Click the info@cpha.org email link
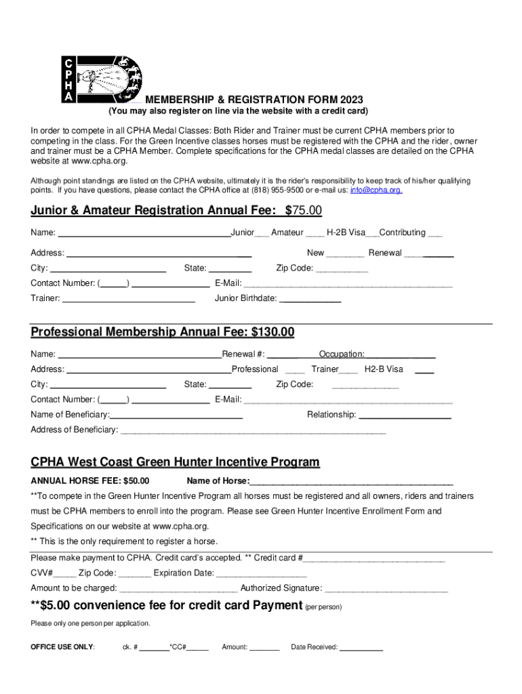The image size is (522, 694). click(x=376, y=190)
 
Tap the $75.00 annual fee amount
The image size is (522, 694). click(x=303, y=211)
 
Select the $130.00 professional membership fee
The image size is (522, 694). click(x=273, y=332)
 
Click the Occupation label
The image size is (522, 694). click(x=342, y=354)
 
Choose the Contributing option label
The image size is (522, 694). click(x=403, y=232)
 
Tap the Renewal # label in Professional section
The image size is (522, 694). click(x=243, y=354)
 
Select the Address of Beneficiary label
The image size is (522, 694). click(x=74, y=430)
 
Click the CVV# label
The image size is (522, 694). click(x=42, y=573)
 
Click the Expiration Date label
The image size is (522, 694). click(x=184, y=573)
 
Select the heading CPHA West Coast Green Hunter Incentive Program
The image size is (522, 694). click(x=175, y=462)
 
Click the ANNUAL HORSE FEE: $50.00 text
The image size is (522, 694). click(x=90, y=481)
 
